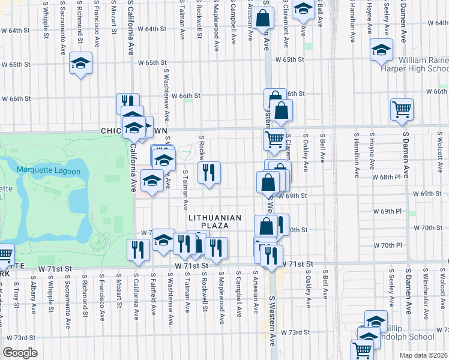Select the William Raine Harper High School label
414,64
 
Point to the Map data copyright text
423,355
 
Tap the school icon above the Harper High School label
381,50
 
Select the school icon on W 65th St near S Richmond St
80,63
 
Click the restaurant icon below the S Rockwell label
209,173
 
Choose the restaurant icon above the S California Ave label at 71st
139,250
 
